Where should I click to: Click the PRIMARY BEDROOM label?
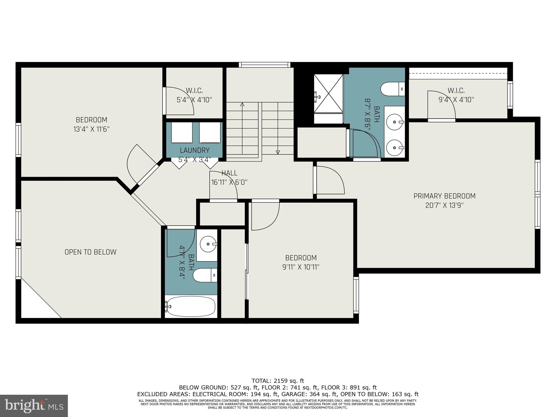point(444,196)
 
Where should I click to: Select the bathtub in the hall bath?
point(191,306)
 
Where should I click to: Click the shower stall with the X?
point(328,93)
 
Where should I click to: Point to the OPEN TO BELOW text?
point(90,252)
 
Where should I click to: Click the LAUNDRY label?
point(195,150)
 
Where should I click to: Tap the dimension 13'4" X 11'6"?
point(91,129)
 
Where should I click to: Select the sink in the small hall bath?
point(208,244)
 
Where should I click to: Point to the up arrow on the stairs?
point(242,104)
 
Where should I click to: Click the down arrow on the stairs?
point(277,152)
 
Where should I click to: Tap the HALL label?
point(229,173)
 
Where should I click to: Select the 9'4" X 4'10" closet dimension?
point(456,100)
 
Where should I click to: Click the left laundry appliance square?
point(182,132)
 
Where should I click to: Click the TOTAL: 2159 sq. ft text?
point(278,381)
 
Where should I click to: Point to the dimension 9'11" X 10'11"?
point(301,267)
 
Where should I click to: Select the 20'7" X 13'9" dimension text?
point(444,205)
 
